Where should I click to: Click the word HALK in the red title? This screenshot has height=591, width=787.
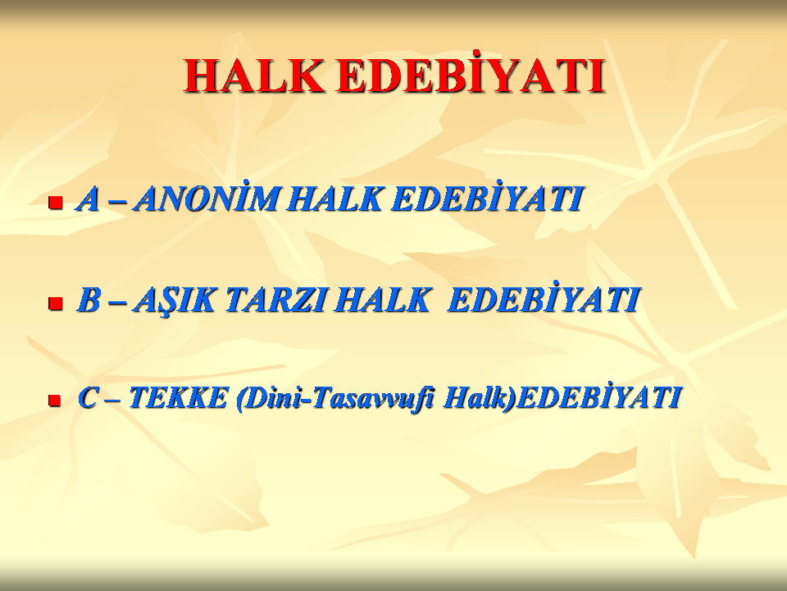click(x=253, y=76)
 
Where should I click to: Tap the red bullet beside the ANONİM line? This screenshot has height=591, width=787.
click(x=55, y=203)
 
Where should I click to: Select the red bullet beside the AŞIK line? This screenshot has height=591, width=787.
click(x=55, y=303)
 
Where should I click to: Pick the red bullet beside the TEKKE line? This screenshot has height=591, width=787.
click(x=54, y=401)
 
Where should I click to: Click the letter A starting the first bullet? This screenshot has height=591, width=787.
click(x=88, y=199)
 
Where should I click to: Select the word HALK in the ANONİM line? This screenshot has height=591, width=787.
click(x=336, y=199)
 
